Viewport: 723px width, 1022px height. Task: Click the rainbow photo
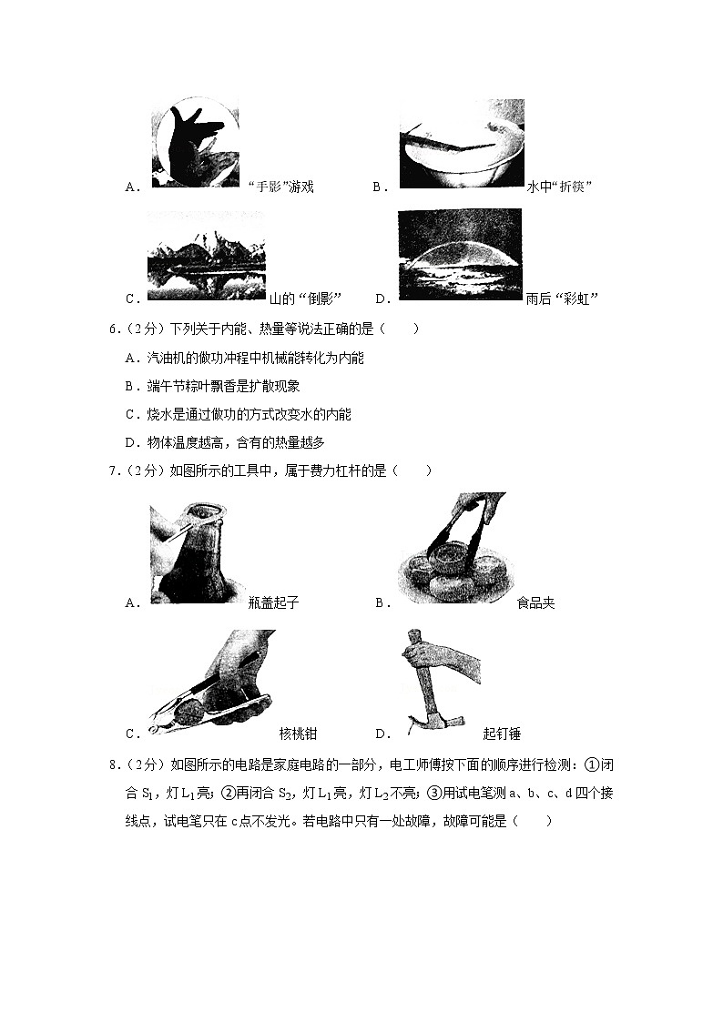[460, 254]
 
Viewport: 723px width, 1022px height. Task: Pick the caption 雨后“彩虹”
[562, 299]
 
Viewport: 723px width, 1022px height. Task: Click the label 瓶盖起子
[273, 602]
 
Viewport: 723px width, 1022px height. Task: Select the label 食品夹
[535, 602]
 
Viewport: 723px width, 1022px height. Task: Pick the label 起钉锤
[502, 734]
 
